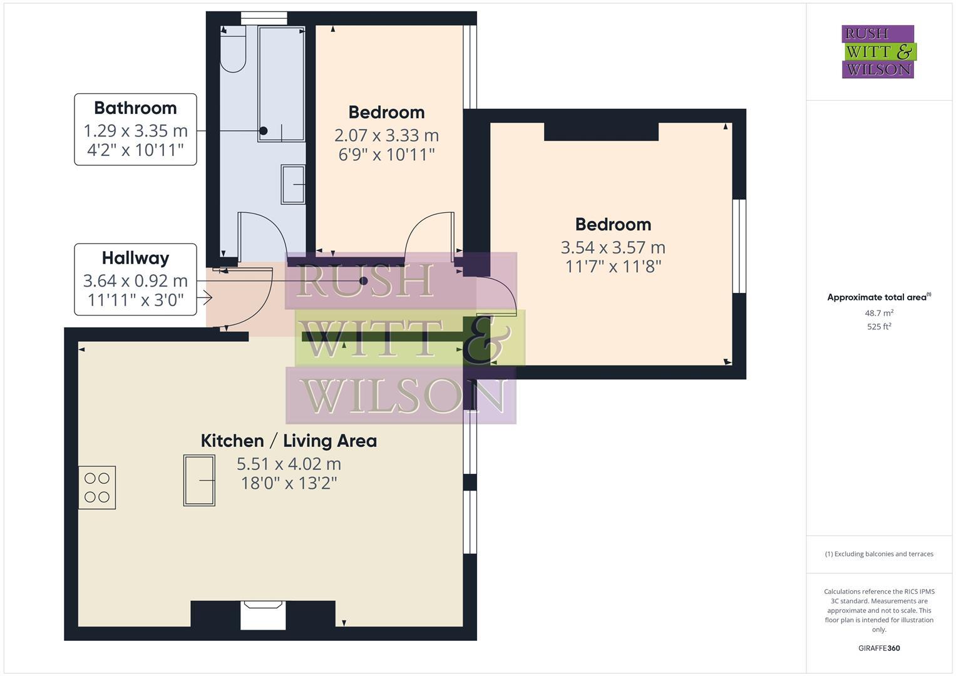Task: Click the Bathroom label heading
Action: click(135, 108)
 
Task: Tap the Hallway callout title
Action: click(135, 258)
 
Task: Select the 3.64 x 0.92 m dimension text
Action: click(135, 280)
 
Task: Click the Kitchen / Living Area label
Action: click(289, 441)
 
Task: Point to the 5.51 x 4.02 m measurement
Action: click(289, 464)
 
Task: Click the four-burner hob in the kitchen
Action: click(97, 488)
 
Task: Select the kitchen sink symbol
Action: click(199, 480)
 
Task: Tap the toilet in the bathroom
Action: click(233, 50)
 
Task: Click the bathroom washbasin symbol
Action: click(293, 184)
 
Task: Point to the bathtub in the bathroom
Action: click(281, 84)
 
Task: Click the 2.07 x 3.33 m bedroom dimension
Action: click(386, 135)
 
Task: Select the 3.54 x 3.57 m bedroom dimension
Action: click(613, 247)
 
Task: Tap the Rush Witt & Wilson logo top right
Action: click(878, 52)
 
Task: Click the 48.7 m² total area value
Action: click(879, 313)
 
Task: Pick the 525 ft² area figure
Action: click(879, 327)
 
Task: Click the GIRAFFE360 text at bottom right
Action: click(879, 648)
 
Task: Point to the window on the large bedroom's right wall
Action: click(739, 246)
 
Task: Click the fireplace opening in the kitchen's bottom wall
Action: click(264, 615)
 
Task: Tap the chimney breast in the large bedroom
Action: click(601, 131)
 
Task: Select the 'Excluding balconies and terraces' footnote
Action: click(879, 554)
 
